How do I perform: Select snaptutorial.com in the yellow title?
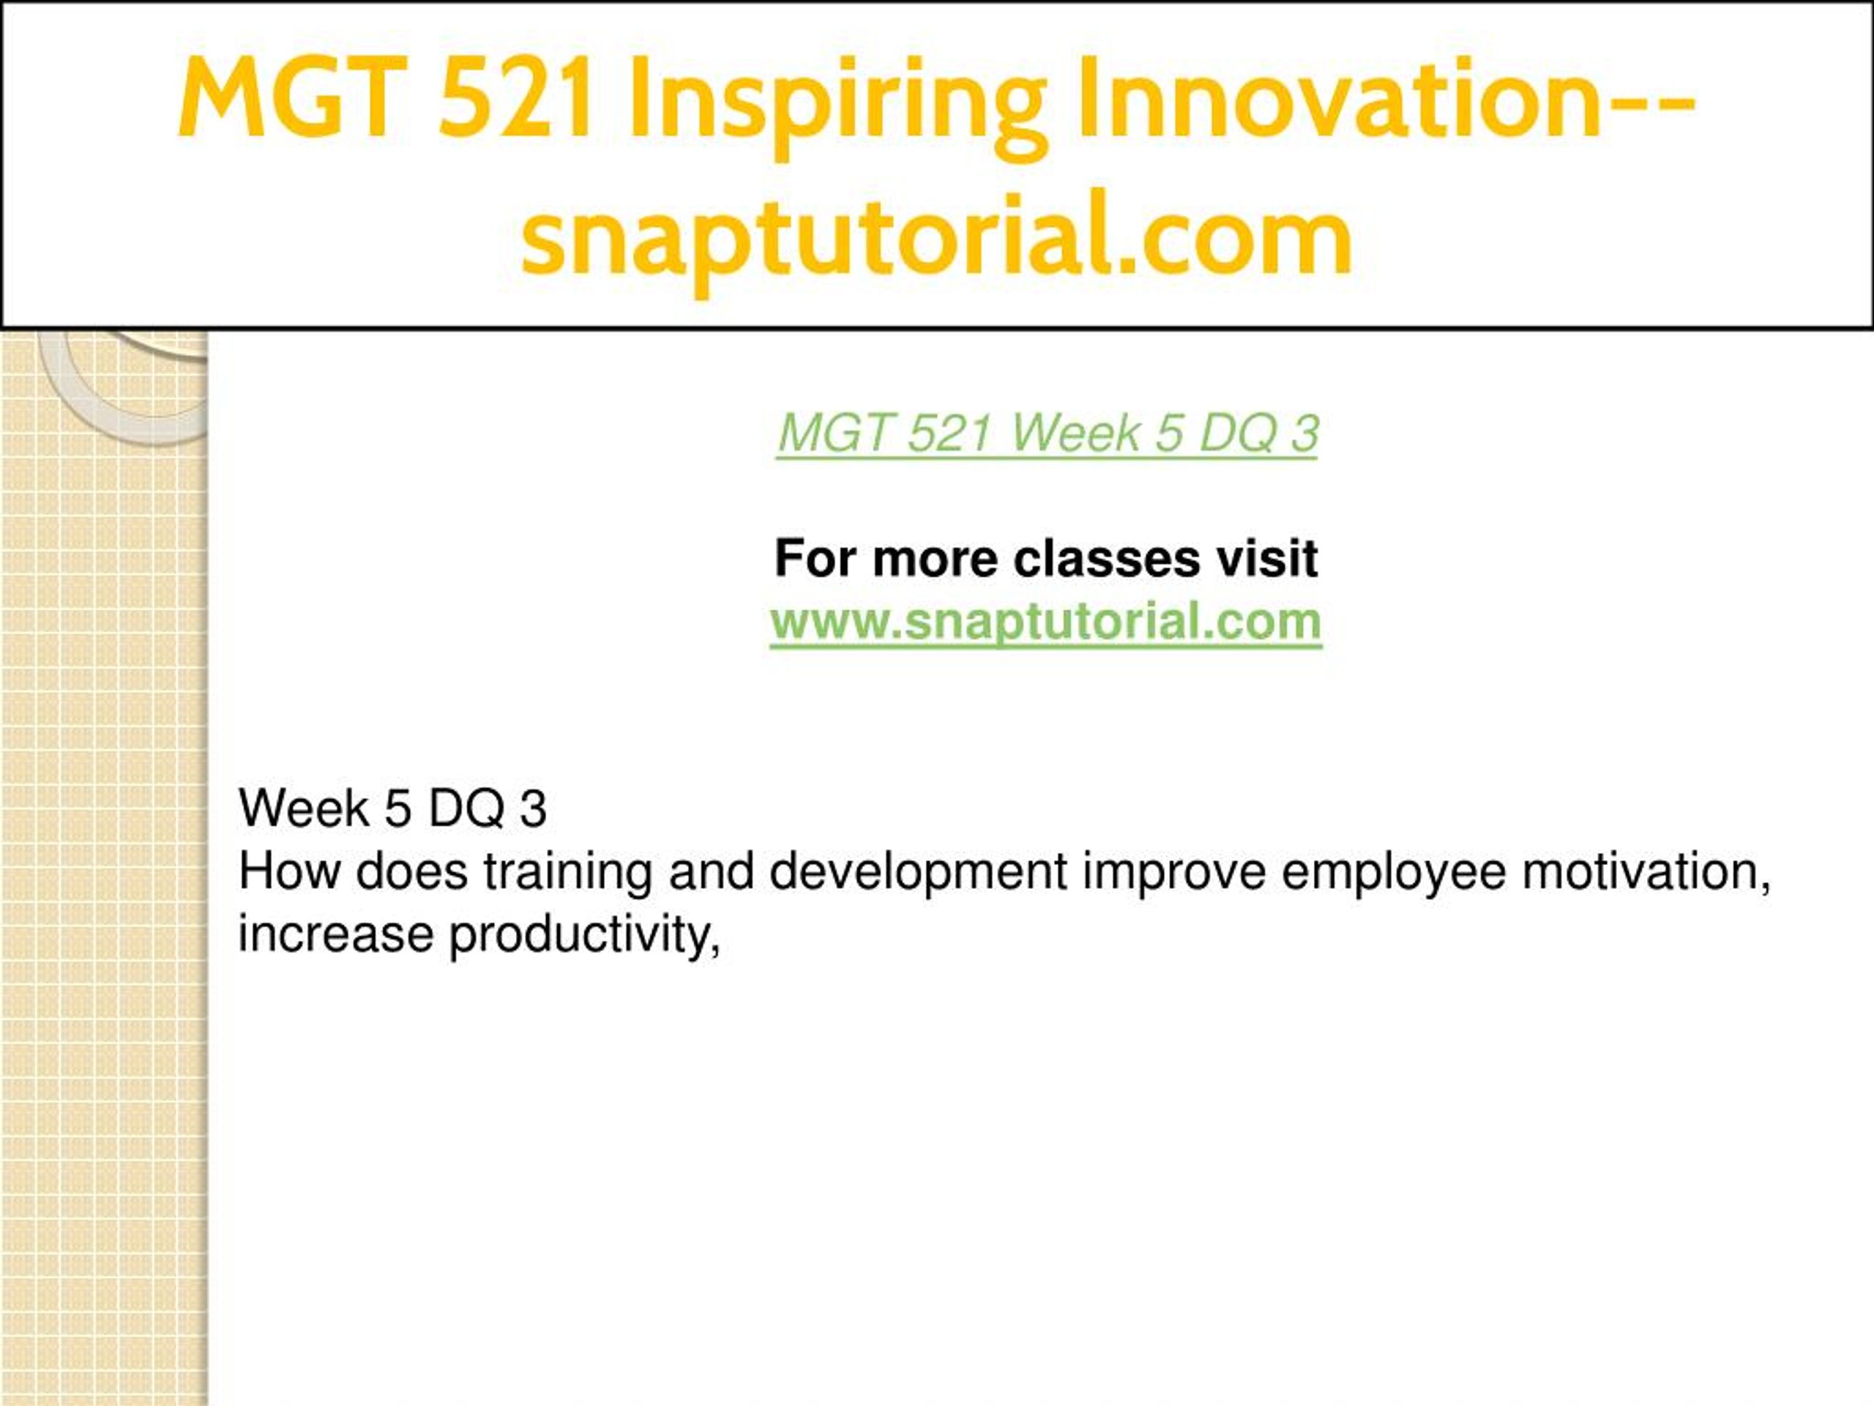tap(936, 237)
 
